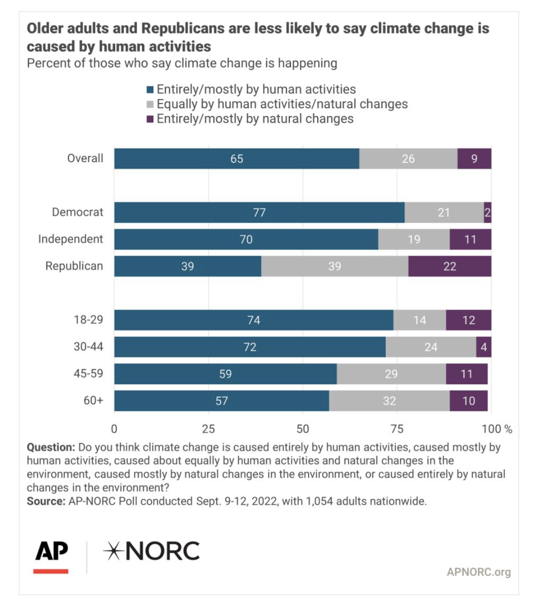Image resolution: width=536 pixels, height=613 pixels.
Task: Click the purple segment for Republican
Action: click(450, 266)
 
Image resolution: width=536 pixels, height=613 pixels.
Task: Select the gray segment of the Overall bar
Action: click(408, 158)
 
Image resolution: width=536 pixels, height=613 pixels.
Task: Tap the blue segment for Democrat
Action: click(259, 212)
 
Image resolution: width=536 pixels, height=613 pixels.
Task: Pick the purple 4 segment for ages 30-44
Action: click(484, 347)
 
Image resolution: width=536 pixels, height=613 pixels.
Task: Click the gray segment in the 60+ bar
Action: click(389, 401)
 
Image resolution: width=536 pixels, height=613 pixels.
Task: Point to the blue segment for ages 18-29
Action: click(253, 320)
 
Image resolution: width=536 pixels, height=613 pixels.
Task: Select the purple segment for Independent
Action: click(471, 239)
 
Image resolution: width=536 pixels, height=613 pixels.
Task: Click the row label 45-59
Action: click(88, 373)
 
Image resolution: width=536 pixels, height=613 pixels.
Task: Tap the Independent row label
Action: click(71, 239)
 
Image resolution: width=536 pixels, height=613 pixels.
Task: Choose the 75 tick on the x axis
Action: click(397, 429)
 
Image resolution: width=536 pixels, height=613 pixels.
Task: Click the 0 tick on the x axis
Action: click(114, 429)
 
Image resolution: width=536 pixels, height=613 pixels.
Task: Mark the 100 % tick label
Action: click(497, 429)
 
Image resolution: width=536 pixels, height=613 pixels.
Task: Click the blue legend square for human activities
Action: click(150, 90)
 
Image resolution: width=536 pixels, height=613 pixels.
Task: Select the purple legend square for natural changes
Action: click(150, 119)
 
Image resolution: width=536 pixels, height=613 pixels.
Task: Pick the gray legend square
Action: click(150, 105)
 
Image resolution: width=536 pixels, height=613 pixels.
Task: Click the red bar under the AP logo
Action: click(51, 571)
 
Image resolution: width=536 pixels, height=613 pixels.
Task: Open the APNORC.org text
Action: click(479, 572)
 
